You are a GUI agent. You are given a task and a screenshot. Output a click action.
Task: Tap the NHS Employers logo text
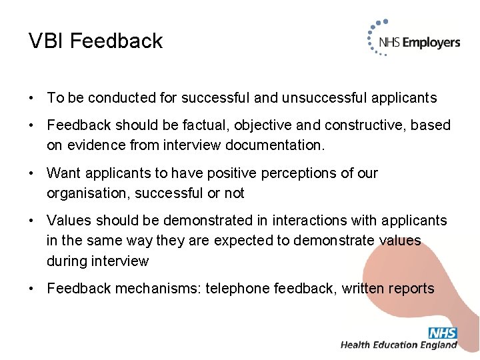[419, 43]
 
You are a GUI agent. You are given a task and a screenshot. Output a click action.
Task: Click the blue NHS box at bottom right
[443, 333]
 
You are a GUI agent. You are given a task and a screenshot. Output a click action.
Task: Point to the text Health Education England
[399, 345]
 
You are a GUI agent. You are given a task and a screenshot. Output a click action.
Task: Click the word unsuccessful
[321, 98]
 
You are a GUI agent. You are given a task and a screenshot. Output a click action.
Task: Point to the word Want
[63, 173]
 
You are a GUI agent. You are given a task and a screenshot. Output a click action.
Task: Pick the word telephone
[235, 289]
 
